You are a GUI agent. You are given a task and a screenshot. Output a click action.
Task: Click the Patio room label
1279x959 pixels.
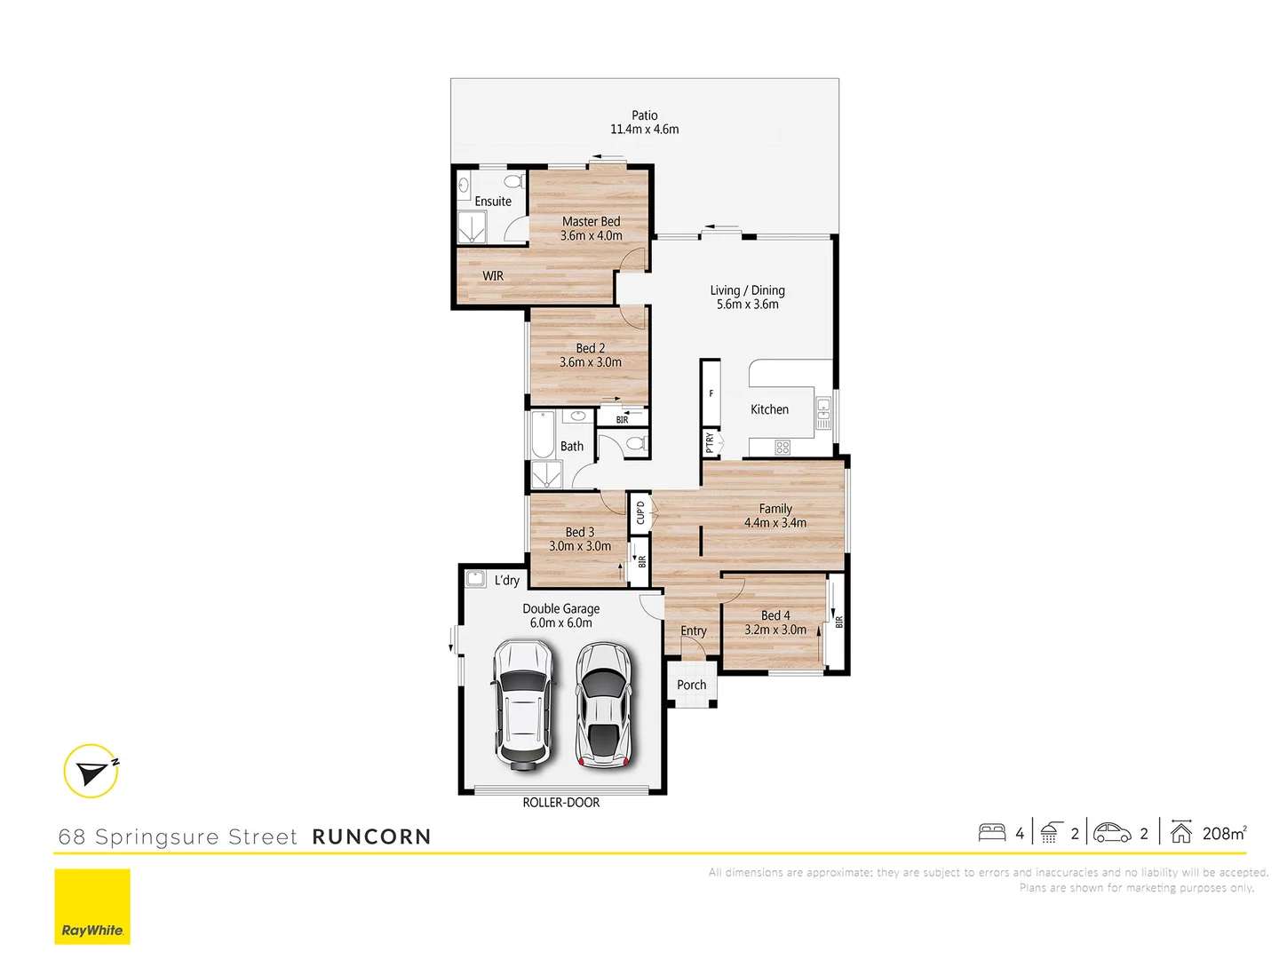point(644,115)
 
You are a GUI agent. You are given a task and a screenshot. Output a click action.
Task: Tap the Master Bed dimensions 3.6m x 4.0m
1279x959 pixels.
point(591,236)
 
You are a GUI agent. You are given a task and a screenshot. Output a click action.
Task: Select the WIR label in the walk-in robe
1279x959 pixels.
point(493,276)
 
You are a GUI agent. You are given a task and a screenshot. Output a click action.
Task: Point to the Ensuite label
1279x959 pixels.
point(493,202)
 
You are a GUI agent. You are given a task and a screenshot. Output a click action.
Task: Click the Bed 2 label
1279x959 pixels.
point(590,348)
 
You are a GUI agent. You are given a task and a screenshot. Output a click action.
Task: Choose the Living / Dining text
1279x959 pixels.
point(747,290)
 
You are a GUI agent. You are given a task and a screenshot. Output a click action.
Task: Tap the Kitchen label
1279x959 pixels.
point(769,409)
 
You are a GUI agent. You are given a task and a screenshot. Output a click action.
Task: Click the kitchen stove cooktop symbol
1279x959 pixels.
point(782,448)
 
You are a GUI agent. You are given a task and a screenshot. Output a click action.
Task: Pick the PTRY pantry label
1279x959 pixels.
point(710,441)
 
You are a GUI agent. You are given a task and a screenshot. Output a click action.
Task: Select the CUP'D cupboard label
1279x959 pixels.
point(640,512)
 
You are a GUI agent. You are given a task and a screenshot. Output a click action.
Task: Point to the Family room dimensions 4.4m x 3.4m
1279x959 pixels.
point(775,523)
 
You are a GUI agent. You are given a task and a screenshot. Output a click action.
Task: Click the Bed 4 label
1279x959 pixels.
point(775,615)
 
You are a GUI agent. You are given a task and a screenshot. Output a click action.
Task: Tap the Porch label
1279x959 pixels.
point(691,685)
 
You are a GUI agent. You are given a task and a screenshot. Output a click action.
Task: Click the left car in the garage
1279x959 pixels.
point(522,703)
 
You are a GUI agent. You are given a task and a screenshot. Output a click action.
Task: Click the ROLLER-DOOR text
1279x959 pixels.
point(560,803)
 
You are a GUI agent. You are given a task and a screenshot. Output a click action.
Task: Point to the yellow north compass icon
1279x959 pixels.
point(91,771)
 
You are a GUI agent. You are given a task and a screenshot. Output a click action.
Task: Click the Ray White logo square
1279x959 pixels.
point(92,906)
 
